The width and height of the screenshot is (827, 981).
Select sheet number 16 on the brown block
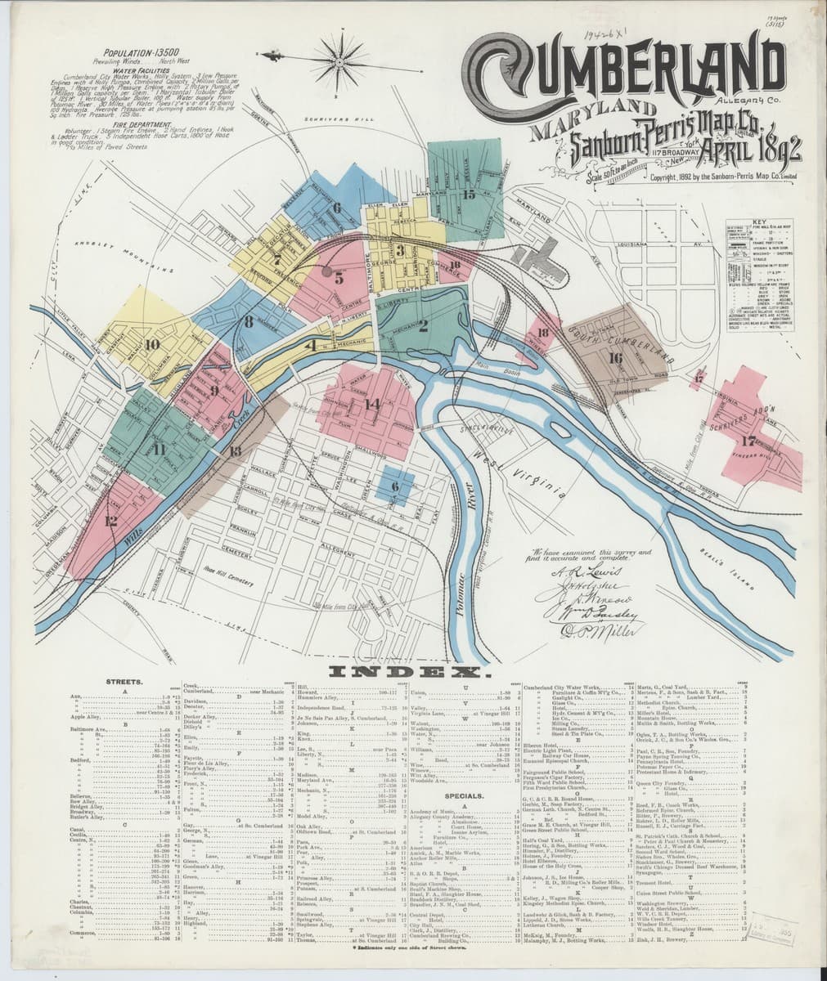(x=615, y=357)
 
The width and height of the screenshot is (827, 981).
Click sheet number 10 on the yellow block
(x=151, y=344)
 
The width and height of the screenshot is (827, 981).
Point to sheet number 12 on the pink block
(x=110, y=521)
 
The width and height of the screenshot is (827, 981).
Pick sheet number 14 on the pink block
(x=373, y=403)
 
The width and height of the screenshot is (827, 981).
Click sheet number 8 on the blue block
(x=247, y=322)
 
